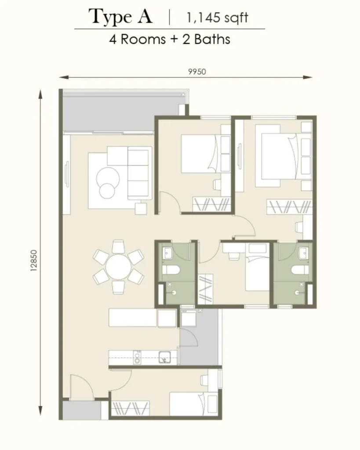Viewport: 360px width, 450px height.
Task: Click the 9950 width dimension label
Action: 197,72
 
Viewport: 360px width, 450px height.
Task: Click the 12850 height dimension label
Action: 34,261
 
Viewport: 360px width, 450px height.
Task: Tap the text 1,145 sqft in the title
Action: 217,18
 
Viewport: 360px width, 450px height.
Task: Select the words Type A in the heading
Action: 120,17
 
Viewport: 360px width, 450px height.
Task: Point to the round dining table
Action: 118,267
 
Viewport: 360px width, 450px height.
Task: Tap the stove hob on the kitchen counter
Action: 138,358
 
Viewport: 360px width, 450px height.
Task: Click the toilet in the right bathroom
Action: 300,270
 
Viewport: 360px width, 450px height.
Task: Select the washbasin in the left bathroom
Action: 167,253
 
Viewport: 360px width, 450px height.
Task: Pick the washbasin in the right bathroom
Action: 303,253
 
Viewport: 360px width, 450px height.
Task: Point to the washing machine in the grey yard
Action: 188,318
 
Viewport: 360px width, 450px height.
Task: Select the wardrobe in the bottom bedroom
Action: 131,408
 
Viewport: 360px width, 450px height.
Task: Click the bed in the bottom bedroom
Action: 193,404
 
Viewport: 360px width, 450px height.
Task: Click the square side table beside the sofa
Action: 141,208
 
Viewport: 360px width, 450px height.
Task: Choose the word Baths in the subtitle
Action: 212,39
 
